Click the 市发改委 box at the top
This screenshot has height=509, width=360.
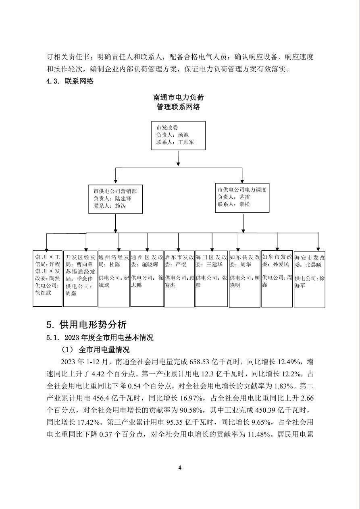(178, 135)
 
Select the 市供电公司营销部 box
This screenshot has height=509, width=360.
(116, 199)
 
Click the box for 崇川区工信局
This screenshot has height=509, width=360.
(47, 278)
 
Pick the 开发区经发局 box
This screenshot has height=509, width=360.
(80, 278)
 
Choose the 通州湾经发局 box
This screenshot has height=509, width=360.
(114, 278)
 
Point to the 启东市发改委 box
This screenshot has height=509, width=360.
(180, 278)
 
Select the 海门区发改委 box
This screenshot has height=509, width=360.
(211, 278)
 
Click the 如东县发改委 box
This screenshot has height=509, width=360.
(245, 278)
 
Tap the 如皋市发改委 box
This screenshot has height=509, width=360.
(277, 278)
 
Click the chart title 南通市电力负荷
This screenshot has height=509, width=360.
(178, 98)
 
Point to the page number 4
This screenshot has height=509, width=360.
(180, 467)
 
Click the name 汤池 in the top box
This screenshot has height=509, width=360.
(183, 135)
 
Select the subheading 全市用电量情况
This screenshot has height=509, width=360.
(104, 349)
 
